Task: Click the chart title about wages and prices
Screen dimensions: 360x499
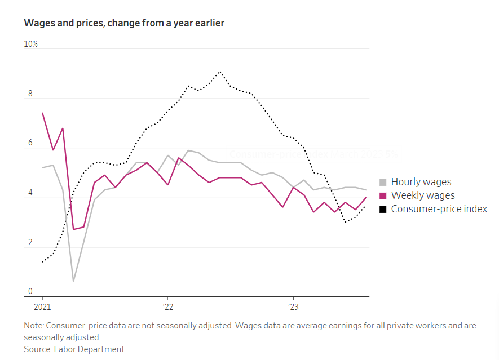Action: [124, 23]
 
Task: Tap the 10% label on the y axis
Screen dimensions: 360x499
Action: [30, 44]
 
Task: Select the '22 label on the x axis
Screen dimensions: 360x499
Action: [167, 307]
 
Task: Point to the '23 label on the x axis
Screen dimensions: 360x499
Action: [293, 307]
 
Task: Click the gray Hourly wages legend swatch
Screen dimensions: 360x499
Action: [383, 182]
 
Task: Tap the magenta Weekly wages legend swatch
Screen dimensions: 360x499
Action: [383, 195]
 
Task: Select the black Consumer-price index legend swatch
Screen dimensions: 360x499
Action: [383, 209]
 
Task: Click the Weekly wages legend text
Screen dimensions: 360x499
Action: [423, 195]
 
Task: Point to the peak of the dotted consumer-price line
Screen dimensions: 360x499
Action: [220, 72]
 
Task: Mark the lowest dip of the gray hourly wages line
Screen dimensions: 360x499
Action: [73, 281]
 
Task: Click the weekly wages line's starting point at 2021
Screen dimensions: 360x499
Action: [42, 113]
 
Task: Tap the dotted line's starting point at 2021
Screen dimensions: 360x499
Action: [42, 262]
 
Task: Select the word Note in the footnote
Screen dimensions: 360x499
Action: [33, 326]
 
